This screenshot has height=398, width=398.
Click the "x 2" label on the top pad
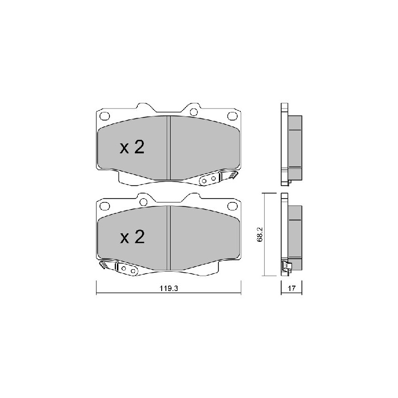coord(132,147)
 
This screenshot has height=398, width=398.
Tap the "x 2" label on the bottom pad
coord(132,237)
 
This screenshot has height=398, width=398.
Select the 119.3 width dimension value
coord(169,289)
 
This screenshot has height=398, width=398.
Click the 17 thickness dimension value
coord(292,289)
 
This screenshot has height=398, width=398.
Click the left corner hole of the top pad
coord(104,116)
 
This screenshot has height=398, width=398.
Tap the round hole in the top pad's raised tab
coord(194,111)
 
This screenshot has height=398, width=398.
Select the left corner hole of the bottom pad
coord(104,205)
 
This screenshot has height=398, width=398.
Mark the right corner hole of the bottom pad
coord(232,205)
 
